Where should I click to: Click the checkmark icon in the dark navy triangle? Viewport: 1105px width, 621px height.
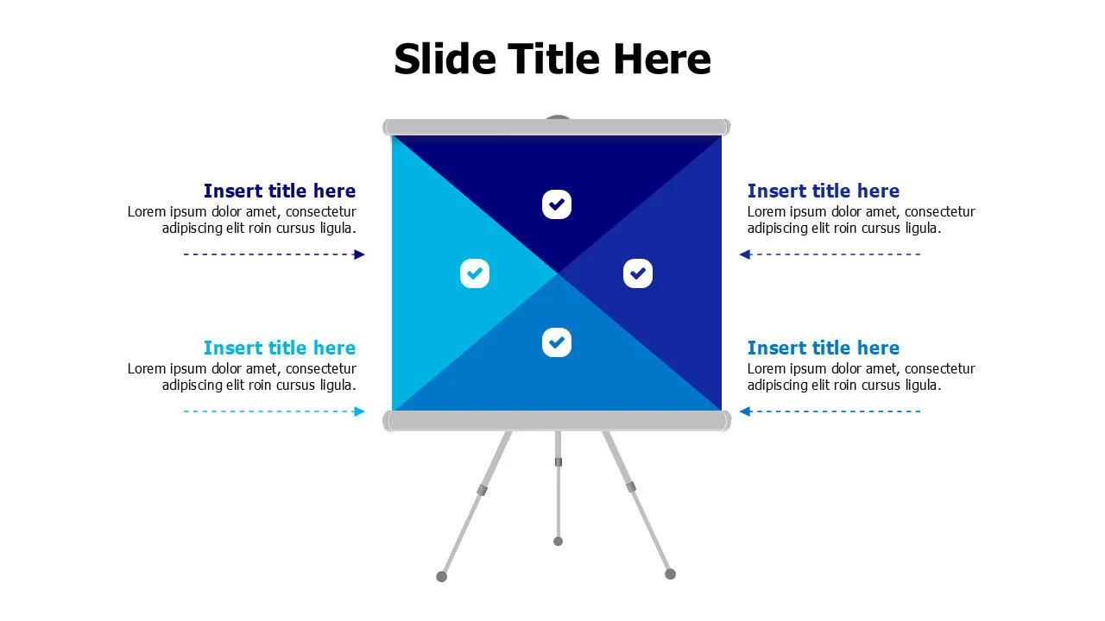coord(557,204)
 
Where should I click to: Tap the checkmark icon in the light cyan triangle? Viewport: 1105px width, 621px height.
coord(475,273)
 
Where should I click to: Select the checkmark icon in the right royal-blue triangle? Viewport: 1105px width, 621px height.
coord(638,273)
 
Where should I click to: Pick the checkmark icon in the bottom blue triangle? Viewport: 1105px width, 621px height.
coord(557,342)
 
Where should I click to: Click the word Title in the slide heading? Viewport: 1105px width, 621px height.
coord(553,60)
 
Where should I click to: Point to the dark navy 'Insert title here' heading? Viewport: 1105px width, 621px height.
coord(280,191)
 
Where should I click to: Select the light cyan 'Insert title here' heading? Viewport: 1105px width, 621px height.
coord(280,348)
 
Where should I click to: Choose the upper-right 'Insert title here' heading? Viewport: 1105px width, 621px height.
coord(824,191)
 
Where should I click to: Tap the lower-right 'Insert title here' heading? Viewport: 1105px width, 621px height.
coord(824,348)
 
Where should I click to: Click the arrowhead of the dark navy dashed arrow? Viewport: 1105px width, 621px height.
coord(360,254)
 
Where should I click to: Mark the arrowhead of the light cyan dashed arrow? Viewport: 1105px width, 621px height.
coord(360,411)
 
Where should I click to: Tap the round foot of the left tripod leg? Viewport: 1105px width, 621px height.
coord(442,576)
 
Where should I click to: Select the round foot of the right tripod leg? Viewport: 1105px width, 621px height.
coord(670,574)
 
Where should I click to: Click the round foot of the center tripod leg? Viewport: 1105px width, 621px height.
coord(558,542)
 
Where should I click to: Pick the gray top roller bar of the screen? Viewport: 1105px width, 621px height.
coord(557,128)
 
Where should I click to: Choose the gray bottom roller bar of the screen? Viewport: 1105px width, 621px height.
coord(557,421)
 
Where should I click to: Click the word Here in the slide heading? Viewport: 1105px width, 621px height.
coord(662,60)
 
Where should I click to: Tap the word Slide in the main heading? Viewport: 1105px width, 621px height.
coord(445,60)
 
